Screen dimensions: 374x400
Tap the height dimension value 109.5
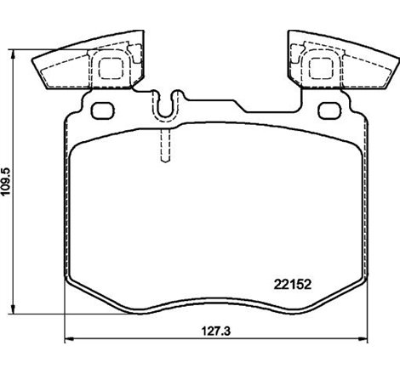pos(9,179)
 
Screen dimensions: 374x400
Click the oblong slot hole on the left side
pos(102,110)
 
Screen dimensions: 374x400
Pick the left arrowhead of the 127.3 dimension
pos(68,338)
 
